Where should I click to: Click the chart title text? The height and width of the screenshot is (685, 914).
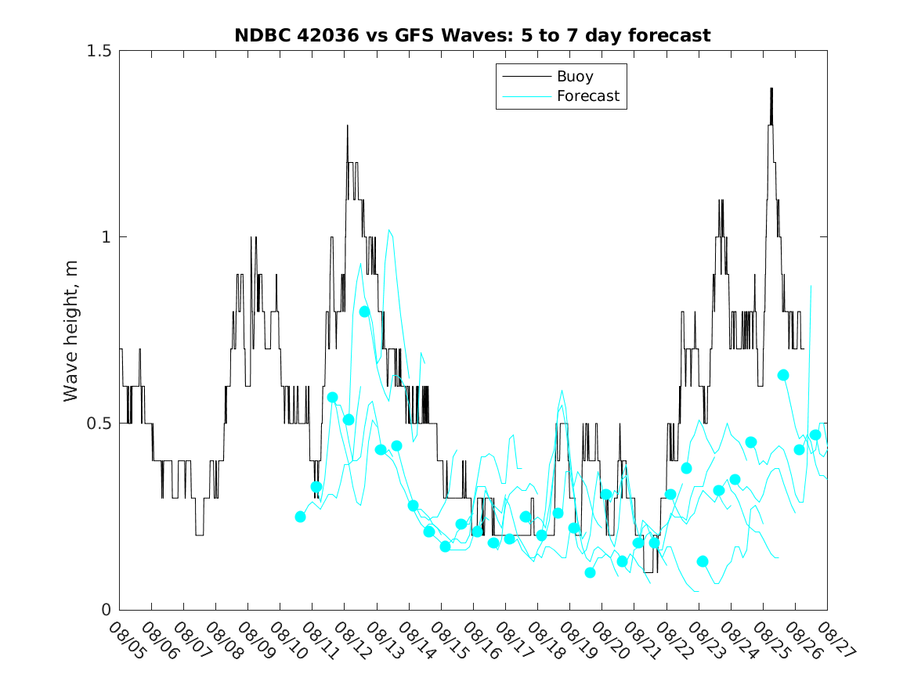(x=472, y=35)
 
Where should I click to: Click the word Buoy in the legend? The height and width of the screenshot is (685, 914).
(x=574, y=77)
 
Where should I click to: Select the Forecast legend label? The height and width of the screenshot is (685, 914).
(x=587, y=96)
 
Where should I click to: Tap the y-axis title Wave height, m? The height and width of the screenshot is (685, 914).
(x=71, y=330)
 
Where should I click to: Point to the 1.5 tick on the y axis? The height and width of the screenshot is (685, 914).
(x=99, y=51)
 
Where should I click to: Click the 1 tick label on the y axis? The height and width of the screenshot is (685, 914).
(x=107, y=237)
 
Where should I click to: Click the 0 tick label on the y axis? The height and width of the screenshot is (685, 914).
(x=107, y=610)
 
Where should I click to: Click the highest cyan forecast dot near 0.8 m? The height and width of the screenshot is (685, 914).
(x=364, y=312)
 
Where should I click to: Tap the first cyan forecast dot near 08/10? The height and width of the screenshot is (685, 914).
(x=300, y=517)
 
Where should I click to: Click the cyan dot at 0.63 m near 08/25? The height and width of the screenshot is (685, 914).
(x=782, y=375)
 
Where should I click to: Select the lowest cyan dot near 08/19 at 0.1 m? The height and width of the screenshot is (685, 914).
(x=590, y=572)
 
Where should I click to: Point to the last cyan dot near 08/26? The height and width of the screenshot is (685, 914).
(x=815, y=434)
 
